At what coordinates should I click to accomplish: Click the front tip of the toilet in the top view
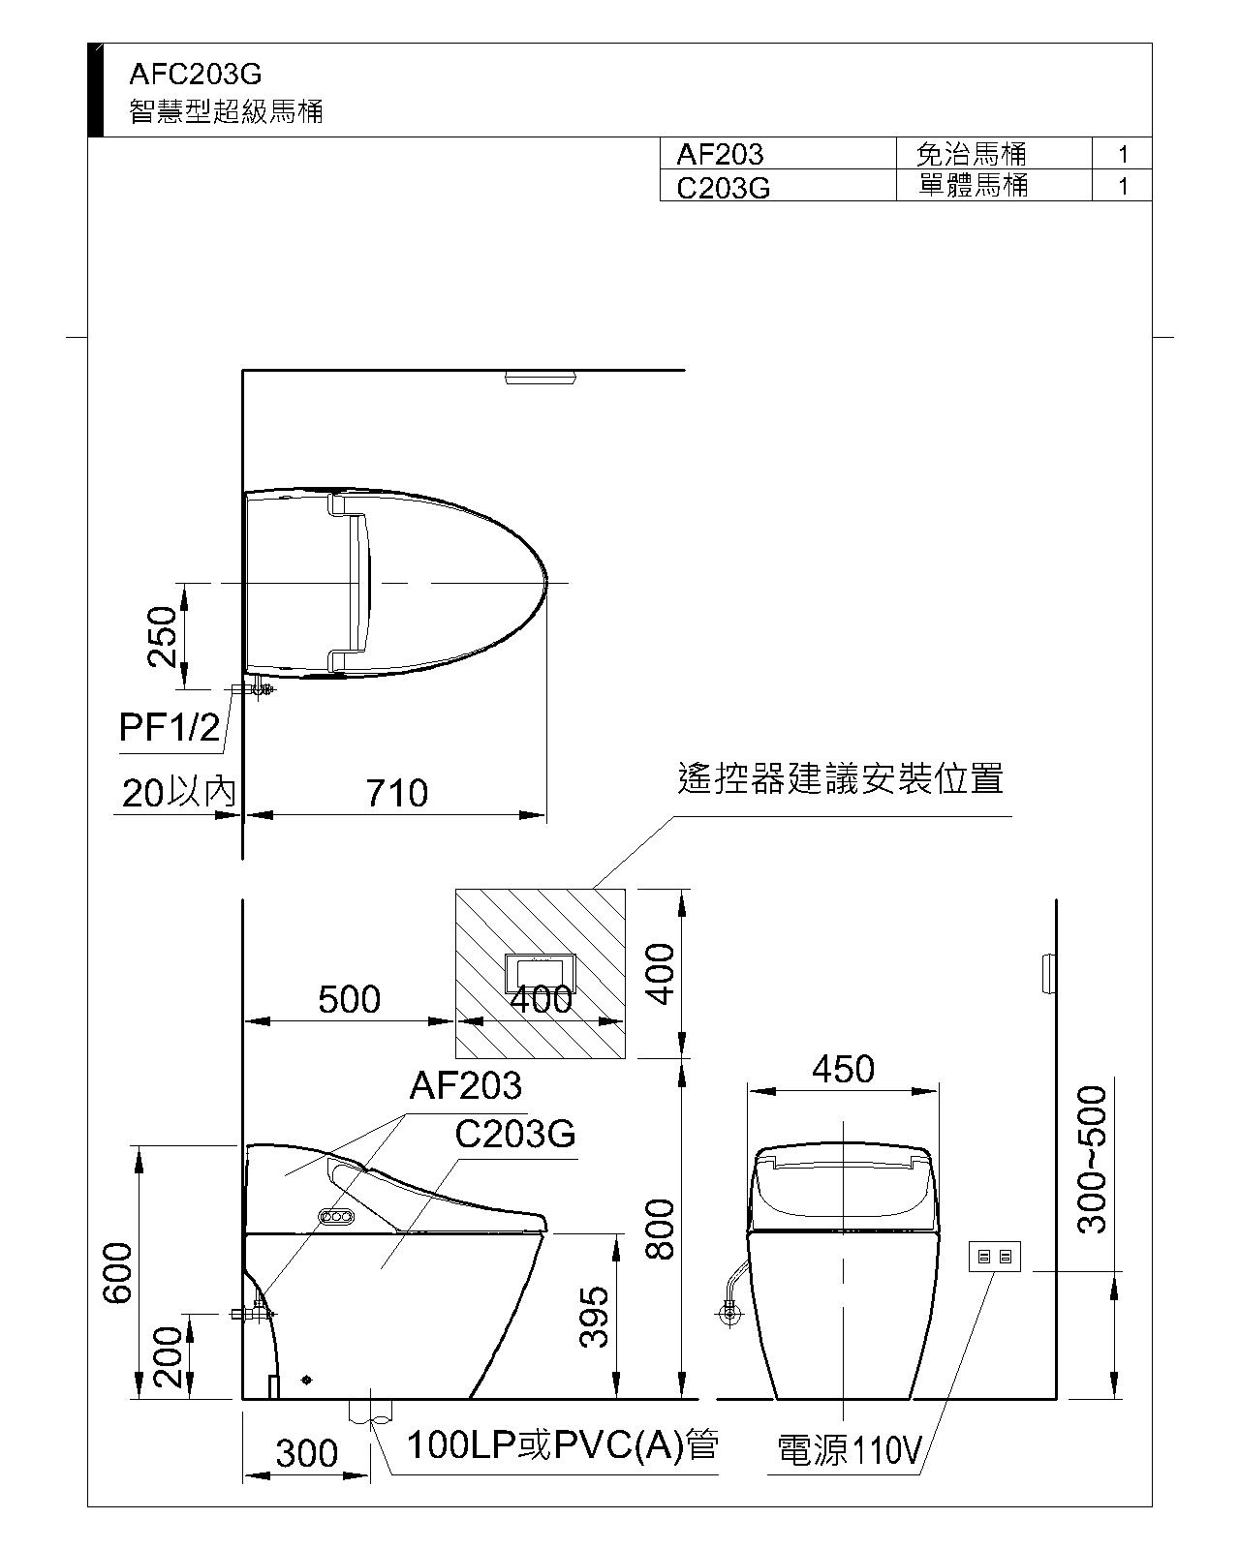pos(547,583)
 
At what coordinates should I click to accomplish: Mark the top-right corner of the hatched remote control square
pos(625,889)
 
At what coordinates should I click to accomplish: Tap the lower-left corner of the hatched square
pos(455,1058)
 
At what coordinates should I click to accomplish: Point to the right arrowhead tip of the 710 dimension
pos(545,815)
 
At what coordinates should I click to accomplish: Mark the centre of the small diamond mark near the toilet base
pos(308,1380)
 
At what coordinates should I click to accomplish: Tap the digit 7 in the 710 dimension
pos(377,793)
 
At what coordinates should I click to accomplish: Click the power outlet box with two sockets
pos(994,1258)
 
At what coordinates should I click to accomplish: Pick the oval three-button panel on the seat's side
pos(336,1217)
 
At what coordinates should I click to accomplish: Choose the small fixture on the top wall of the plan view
pos(541,377)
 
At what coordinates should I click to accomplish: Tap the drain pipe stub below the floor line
pos(370,1411)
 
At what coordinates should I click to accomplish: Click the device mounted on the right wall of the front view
pos(1050,973)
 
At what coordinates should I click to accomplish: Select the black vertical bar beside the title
pos(95,90)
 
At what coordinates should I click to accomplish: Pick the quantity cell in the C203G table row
pos(1122,186)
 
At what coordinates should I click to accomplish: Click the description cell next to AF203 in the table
pos(994,153)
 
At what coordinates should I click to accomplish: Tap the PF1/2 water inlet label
pos(170,727)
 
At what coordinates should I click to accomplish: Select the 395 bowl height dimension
pos(595,1317)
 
